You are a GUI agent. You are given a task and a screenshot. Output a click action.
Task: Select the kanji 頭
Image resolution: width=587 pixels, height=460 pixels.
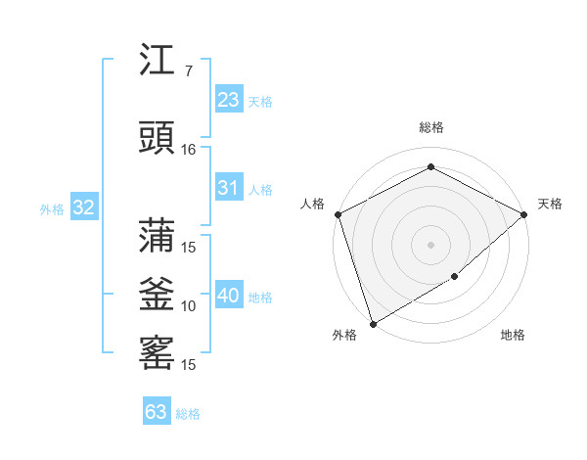pos(157,138)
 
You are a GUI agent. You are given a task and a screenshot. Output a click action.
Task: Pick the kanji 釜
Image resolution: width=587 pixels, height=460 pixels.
pos(157,296)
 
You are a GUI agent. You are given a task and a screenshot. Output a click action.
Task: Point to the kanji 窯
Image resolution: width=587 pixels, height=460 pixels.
pos(157,353)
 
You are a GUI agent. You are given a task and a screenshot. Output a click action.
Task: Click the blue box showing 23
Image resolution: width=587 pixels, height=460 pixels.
pos(229,100)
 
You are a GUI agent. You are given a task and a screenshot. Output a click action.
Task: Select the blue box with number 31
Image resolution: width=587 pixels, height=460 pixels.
pos(229,188)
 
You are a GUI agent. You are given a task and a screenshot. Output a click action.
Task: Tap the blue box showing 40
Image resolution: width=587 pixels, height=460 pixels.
pos(229,296)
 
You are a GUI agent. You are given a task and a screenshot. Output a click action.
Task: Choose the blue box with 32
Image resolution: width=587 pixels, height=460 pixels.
pos(83,207)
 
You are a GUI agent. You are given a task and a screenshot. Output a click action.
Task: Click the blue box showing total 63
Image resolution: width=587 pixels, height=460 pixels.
pos(157,412)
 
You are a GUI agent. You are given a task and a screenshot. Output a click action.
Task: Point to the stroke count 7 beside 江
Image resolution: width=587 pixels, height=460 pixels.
pos(188,71)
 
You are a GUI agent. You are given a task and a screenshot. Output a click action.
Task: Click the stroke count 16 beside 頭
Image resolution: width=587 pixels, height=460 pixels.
pos(189,150)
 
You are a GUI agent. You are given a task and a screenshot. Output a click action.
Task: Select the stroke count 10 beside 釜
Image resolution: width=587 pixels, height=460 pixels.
pos(189,306)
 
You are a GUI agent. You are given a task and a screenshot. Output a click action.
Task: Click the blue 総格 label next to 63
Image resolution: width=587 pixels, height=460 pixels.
pos(188,414)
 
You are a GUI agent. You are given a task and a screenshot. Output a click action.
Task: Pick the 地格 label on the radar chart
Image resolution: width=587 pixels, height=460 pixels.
pos(513,335)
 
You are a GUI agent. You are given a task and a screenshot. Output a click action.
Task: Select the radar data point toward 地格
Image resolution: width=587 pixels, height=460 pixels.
pos(455,277)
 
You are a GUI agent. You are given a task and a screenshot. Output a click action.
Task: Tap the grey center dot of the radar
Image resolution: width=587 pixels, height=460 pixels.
pos(430,244)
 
